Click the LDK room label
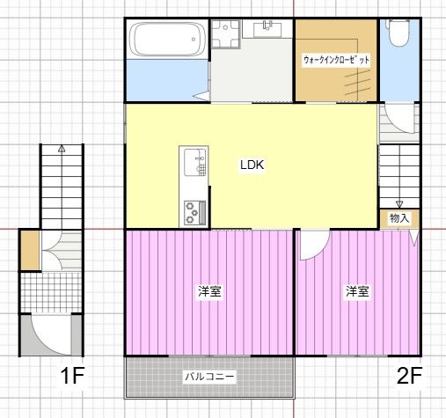(x=252, y=165)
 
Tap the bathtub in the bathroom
(x=167, y=39)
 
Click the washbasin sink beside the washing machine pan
(x=267, y=29)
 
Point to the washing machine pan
(x=226, y=33)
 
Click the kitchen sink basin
(x=195, y=162)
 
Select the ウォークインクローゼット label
(x=336, y=60)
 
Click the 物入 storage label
(x=399, y=218)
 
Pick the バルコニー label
(x=209, y=376)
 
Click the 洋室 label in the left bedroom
(x=209, y=291)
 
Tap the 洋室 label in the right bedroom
(x=357, y=291)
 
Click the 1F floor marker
(x=72, y=376)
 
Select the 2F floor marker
(x=409, y=376)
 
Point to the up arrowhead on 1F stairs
(x=62, y=149)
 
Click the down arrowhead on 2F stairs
(x=399, y=204)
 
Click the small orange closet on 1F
(x=30, y=250)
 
